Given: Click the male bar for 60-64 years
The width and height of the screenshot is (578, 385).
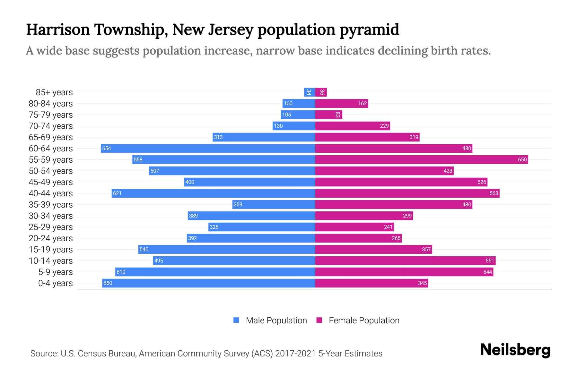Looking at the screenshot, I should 208,148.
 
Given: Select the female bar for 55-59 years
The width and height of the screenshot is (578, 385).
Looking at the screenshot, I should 421,159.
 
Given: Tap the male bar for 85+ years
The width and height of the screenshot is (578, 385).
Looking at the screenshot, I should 309,92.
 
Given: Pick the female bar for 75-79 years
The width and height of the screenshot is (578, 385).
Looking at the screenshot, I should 328,115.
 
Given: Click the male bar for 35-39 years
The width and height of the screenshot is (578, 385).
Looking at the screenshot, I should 274,204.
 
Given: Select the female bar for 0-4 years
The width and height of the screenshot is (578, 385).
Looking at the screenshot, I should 371,283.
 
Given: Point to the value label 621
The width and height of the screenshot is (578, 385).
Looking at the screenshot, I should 117,193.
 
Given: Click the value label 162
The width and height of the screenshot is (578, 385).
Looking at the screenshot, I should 362,103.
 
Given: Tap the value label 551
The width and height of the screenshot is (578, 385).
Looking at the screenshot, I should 489,261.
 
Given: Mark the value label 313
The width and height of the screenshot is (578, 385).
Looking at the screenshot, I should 218,137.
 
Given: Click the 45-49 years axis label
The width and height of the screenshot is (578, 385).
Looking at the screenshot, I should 51,182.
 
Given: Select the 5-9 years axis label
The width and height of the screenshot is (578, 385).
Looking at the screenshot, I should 55,272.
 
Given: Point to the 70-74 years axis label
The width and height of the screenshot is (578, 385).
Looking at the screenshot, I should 51,126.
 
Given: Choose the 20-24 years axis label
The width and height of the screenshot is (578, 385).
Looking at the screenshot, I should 51,238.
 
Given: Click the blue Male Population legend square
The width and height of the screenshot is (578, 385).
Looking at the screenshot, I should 236,320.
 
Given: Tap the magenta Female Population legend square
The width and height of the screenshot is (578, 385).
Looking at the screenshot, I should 319,320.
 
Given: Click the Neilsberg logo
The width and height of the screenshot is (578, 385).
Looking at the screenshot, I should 515,350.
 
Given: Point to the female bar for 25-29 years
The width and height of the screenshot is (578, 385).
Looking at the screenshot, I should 355,227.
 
